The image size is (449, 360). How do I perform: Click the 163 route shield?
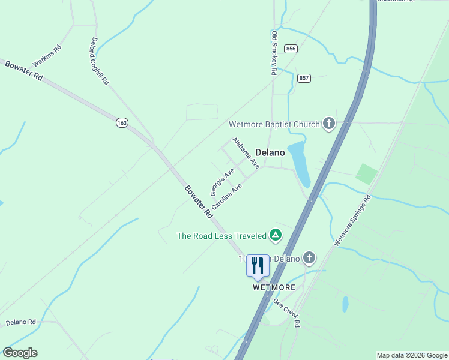coord(122,122)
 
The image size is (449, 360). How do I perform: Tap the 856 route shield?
coord(291,49)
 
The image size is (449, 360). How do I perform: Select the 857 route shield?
coord(304,79)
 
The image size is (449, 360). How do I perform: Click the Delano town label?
coord(270,152)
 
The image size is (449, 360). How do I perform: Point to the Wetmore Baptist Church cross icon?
coord(328,124)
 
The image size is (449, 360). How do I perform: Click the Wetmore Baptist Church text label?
coord(274,125)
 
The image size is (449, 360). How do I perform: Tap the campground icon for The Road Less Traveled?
coord(275,235)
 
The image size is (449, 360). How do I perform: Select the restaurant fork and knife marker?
coord(258,265)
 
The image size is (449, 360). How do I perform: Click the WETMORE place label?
coord(273,287)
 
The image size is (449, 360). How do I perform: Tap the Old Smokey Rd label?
coord(274,53)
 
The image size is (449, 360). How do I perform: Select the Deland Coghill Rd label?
coord(99,60)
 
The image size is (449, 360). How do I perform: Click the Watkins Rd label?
coord(47,55)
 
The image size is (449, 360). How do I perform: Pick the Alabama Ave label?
coord(246,152)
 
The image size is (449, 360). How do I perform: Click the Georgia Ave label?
coord(221,182)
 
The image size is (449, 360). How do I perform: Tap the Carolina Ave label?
coord(226,196)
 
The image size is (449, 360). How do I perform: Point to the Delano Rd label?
coord(21,322)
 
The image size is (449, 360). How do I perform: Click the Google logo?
coord(20,353)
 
